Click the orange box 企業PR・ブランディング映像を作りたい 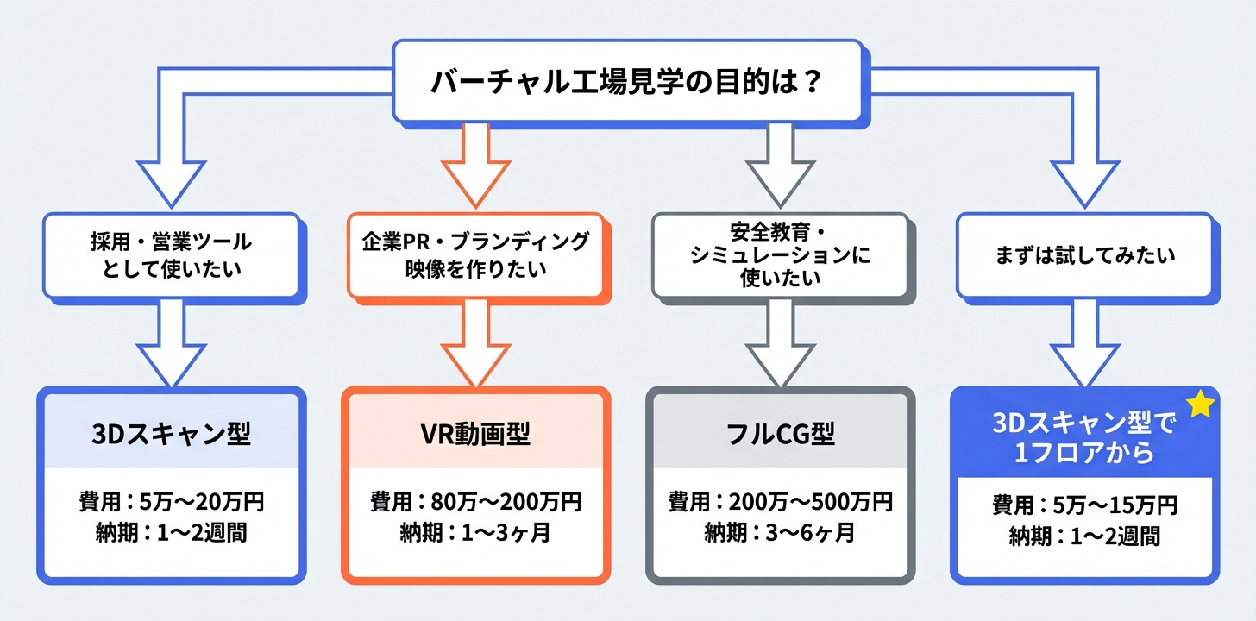[475, 255]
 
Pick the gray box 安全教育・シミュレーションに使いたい [781, 256]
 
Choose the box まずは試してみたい [1084, 256]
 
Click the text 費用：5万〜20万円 [171, 503]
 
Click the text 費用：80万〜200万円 [475, 502]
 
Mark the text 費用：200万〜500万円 [781, 502]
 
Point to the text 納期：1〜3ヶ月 [475, 533]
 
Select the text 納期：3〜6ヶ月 [781, 533]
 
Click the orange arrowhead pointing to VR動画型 [475, 367]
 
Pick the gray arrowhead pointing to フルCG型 [781, 367]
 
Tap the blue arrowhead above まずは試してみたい [1084, 181]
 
